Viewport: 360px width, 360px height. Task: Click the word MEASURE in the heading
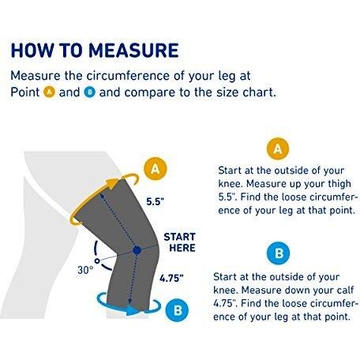pos(133,50)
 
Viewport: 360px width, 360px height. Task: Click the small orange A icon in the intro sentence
pos(49,92)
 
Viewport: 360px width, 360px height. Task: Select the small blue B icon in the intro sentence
pos(90,92)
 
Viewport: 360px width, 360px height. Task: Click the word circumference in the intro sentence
pos(128,76)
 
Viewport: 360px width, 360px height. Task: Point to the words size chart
pos(246,92)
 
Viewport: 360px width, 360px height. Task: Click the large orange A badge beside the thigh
pos(156,168)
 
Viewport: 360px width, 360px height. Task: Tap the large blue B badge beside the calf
pos(178,310)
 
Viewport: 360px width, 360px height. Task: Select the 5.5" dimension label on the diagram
pos(156,202)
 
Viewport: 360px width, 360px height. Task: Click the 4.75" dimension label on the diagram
pos(171,278)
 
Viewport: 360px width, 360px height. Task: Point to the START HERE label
pos(180,242)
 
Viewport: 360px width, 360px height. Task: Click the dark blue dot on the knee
pos(137,250)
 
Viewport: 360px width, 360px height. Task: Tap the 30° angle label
pos(85,270)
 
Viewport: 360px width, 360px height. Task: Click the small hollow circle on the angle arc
pos(97,261)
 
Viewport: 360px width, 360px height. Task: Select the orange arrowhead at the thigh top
pos(114,183)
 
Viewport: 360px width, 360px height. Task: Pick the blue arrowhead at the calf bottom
pos(133,309)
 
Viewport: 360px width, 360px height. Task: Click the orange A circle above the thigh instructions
pos(278,148)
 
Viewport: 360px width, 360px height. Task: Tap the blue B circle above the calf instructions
pos(279,253)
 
